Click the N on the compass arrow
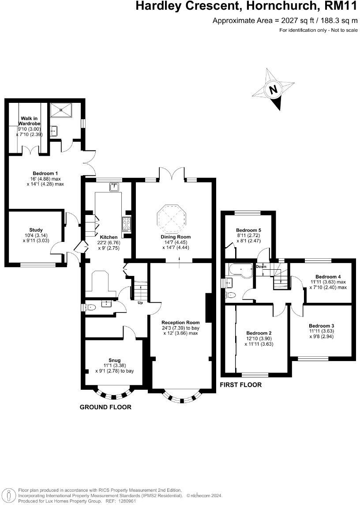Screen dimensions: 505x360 [274, 90]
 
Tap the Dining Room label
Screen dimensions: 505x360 [175, 237]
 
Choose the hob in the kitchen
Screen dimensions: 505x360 [126, 224]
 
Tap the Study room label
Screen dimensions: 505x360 [36, 230]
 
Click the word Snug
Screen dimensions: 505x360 [114, 360]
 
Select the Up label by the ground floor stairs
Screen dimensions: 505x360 [140, 303]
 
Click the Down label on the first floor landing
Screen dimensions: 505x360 [261, 267]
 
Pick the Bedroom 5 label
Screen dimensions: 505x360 [248, 230]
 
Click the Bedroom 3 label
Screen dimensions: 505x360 [321, 325]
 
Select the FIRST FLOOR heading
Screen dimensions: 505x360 [241, 385]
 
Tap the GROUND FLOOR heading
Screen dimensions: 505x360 [105, 407]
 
